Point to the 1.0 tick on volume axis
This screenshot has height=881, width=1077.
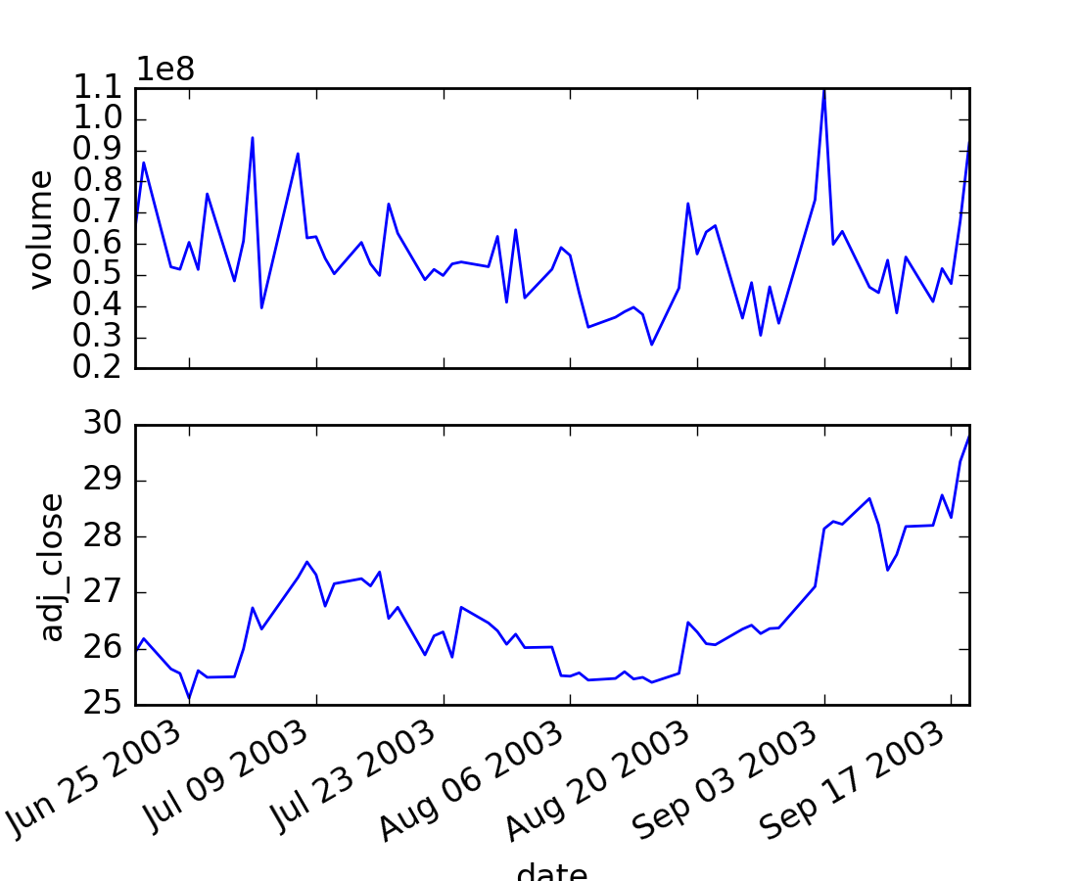101,120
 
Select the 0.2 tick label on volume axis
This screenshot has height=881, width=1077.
101,369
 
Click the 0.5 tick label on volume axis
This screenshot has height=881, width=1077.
101,276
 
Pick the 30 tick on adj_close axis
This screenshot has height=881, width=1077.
101,426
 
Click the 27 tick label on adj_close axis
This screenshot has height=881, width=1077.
101,593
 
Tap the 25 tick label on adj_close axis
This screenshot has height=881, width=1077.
101,705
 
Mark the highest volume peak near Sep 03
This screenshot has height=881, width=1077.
824,89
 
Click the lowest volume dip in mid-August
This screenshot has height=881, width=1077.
652,345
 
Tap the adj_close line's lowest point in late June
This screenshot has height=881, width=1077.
189,698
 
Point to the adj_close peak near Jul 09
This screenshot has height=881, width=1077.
306,562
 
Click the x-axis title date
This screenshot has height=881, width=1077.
551,871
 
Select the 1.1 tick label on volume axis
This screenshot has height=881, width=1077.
101,89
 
